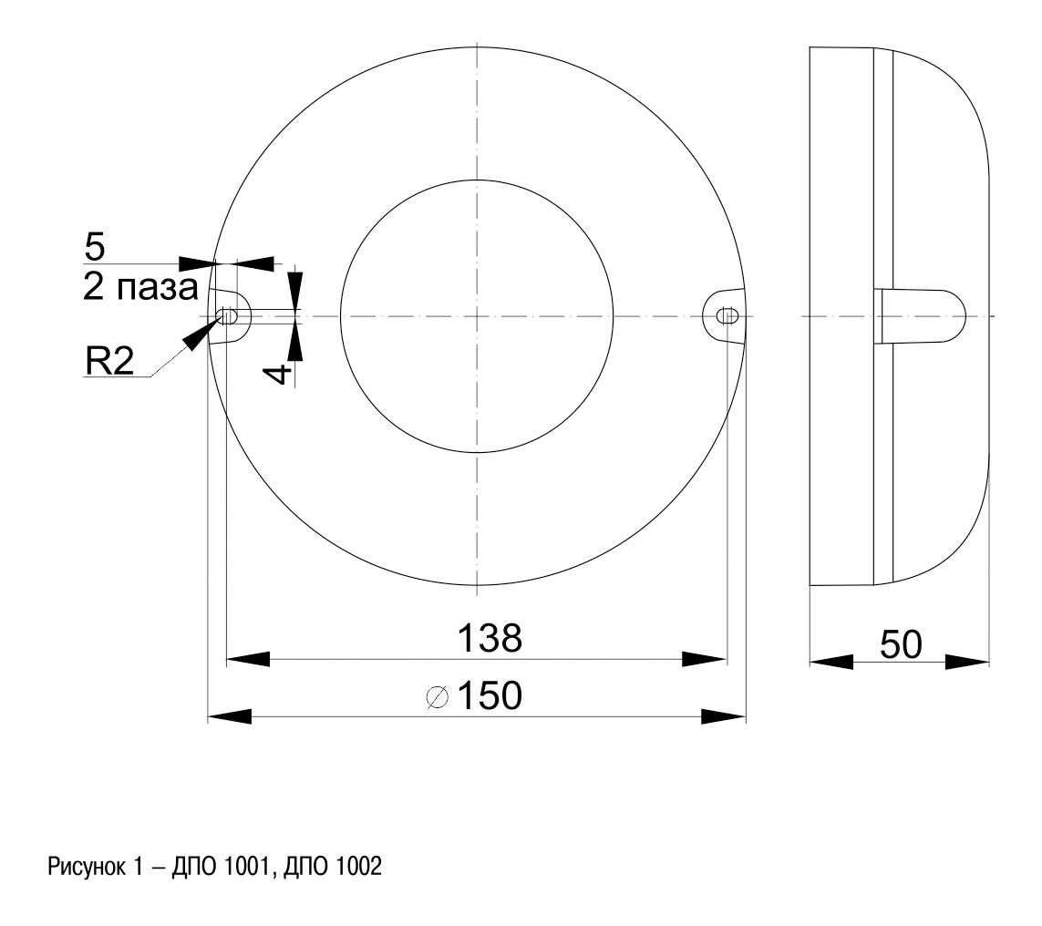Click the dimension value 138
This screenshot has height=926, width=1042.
click(490, 638)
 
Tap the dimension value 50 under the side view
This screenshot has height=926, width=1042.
click(901, 644)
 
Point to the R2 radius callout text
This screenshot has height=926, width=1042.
click(109, 361)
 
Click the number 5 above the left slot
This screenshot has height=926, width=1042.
click(95, 247)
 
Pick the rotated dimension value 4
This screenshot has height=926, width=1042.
click(280, 373)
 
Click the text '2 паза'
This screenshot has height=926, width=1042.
click(141, 288)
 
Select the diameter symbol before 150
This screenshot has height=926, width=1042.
click(438, 697)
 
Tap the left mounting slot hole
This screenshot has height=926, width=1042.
click(227, 315)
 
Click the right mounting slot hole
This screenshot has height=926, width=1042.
click(728, 315)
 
